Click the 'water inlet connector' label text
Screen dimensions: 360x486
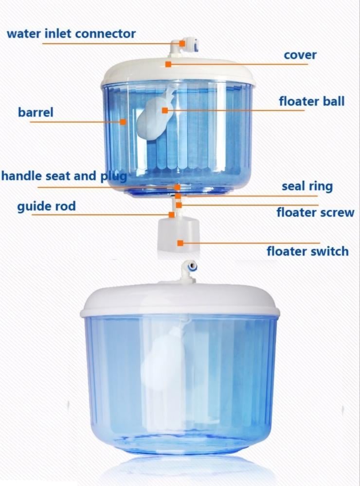(71, 34)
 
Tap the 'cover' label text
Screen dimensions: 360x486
(300, 55)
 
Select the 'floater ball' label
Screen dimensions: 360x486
(311, 102)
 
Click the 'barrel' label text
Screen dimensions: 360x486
(36, 112)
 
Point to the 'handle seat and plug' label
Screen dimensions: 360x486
(64, 176)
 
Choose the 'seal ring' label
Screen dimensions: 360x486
(307, 186)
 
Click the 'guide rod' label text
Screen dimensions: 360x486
(46, 206)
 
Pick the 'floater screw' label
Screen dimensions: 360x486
(315, 213)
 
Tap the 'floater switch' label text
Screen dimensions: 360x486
(307, 251)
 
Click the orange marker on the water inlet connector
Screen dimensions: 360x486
(182, 43)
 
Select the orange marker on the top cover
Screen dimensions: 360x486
(168, 64)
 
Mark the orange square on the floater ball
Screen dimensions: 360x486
(165, 110)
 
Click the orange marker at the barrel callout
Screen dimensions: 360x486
(123, 122)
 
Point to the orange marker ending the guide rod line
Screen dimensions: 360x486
(171, 214)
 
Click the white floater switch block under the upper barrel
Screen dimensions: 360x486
(179, 234)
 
